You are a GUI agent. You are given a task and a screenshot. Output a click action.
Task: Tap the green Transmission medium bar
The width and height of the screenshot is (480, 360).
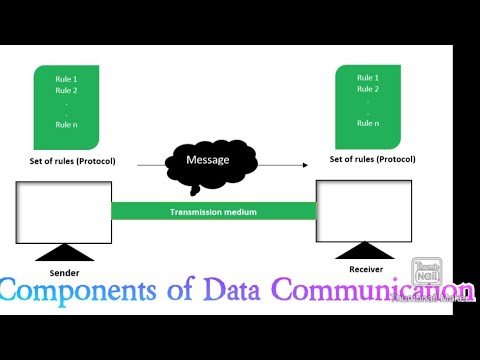coord(214,211)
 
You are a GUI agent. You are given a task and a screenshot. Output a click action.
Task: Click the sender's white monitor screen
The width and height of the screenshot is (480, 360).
coord(64,212)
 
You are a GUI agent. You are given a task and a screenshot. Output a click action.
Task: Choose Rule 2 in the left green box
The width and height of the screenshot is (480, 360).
coord(67,89)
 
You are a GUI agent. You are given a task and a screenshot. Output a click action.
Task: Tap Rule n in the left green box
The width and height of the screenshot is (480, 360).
coord(67,125)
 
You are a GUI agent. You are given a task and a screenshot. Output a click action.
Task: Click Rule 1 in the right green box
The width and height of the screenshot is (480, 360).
coord(367,76)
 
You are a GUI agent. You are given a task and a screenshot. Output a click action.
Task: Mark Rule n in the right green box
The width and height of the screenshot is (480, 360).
coord(367,123)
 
